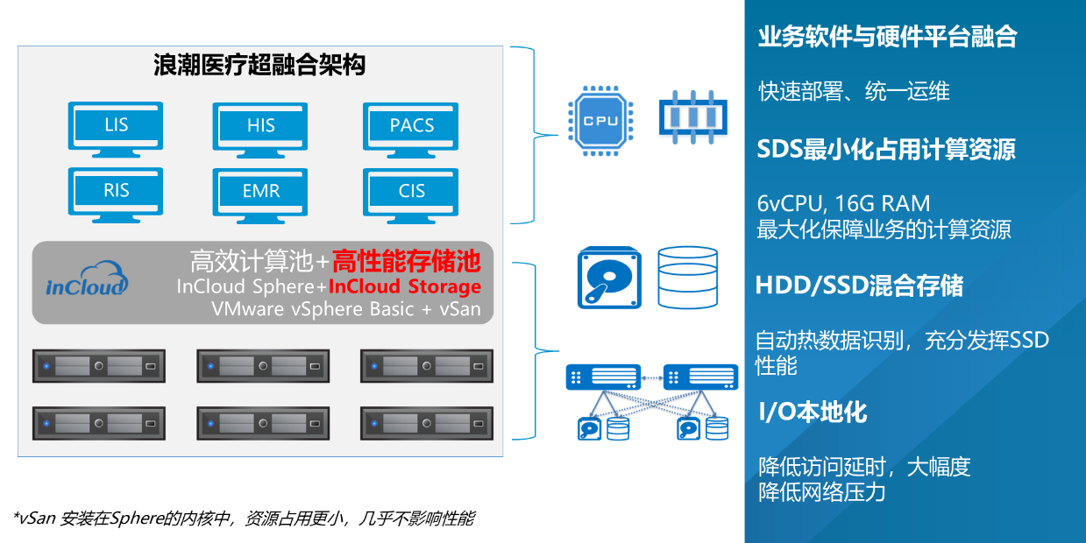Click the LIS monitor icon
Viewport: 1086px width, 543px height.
pos(116,129)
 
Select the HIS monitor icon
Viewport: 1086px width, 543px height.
pos(260,129)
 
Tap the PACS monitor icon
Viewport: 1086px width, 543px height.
pos(411,129)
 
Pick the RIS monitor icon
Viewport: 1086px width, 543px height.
pos(116,194)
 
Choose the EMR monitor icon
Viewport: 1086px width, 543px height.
pos(260,194)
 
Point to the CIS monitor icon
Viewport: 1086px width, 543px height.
pos(411,194)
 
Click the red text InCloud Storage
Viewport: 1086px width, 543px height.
pos(405,286)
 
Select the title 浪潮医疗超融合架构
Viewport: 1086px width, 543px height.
pos(259,65)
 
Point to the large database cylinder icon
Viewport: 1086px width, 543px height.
pos(688,277)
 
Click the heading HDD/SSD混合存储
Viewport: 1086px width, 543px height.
pos(859,286)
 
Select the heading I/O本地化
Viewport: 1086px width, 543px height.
pos(813,413)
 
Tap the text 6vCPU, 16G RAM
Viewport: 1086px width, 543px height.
pos(844,204)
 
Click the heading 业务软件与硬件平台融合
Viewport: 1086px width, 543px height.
pos(887,37)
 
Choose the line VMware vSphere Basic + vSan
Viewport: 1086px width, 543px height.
pos(346,309)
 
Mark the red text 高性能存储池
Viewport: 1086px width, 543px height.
pos(407,261)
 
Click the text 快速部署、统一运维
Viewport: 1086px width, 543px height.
pos(854,92)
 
